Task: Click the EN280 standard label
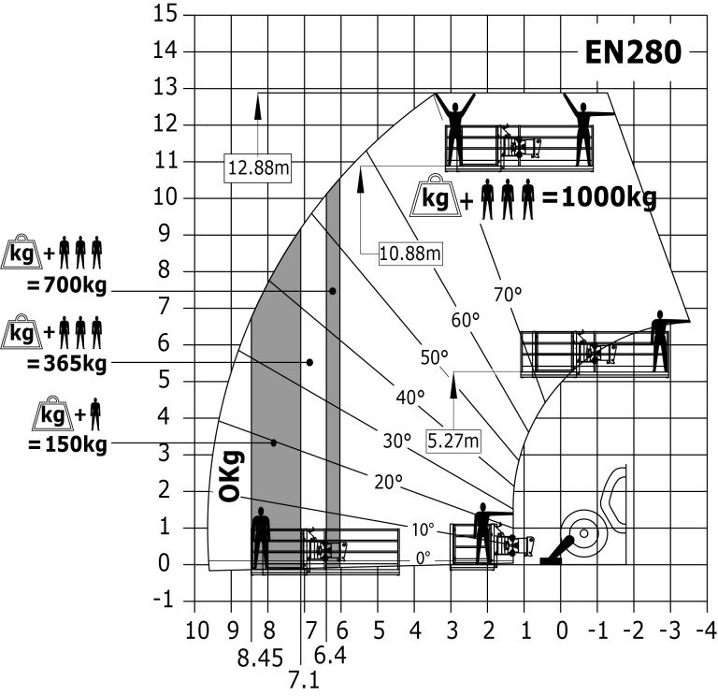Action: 633,52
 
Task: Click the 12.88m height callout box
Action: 258,168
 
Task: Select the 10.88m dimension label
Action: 410,253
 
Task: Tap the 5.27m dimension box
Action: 453,442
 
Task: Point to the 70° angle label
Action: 508,295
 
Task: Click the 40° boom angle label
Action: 409,398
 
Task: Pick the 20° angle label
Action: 388,482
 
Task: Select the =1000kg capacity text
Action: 599,198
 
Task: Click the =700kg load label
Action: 67,286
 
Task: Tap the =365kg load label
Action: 67,364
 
